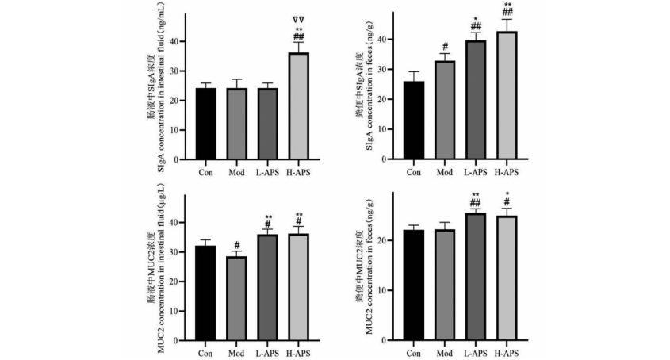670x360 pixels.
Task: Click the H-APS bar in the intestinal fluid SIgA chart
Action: [x=299, y=106]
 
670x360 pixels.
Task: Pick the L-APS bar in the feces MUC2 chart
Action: [x=475, y=278]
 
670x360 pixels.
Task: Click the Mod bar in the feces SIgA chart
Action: [x=444, y=110]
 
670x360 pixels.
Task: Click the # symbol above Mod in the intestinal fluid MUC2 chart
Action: [x=236, y=245]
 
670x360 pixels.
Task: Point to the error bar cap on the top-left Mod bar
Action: [x=236, y=79]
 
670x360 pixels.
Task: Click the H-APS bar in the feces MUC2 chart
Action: [x=506, y=278]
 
